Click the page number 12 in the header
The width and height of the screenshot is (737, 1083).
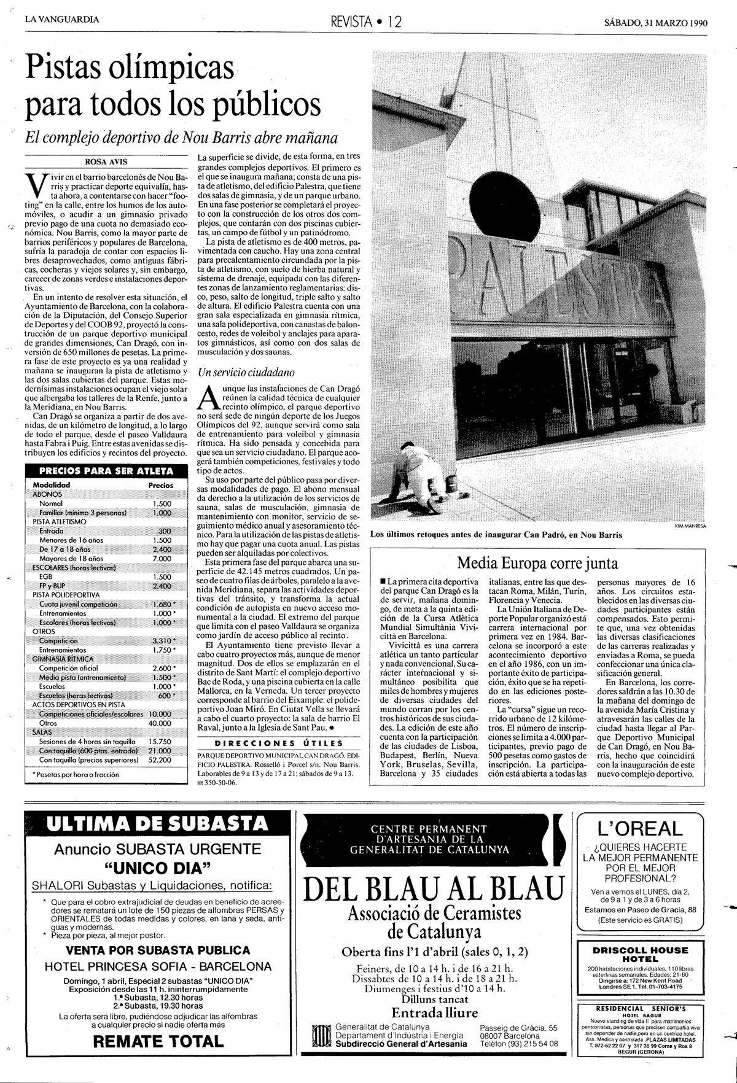[394, 22]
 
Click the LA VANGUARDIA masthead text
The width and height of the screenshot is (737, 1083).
[62, 19]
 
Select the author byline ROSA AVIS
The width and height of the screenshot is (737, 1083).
[104, 163]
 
